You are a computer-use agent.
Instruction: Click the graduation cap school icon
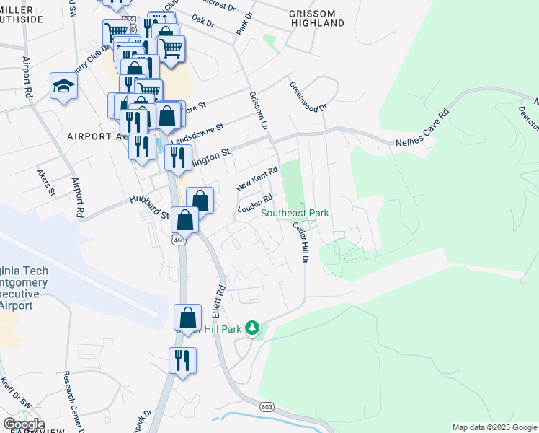pos(63,87)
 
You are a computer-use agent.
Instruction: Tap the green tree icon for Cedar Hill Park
pos(252,329)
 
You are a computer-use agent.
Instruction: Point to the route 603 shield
pos(267,408)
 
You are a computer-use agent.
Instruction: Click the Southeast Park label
pos(295,213)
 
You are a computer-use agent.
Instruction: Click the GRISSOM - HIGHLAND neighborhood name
pos(316,18)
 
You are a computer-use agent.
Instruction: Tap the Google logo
pos(24,424)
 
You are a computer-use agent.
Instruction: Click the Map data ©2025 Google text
pos(493,427)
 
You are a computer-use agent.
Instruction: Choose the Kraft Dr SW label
pos(13,393)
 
